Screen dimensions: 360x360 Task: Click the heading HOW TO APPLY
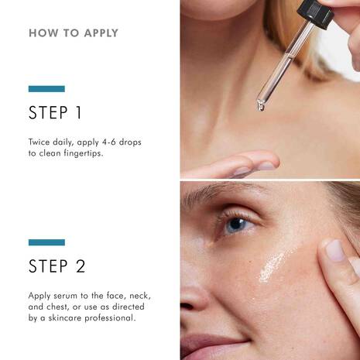tap(74, 33)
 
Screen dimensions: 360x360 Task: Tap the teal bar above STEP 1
tap(46, 89)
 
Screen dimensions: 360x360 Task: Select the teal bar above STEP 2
tap(46, 242)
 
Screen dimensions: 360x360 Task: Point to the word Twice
tap(42, 143)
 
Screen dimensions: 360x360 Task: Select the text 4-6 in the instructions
tap(108, 143)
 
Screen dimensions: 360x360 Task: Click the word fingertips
tap(94, 155)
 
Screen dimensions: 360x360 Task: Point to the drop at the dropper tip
tap(261, 106)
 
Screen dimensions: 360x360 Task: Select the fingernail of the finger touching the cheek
tap(334, 249)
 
